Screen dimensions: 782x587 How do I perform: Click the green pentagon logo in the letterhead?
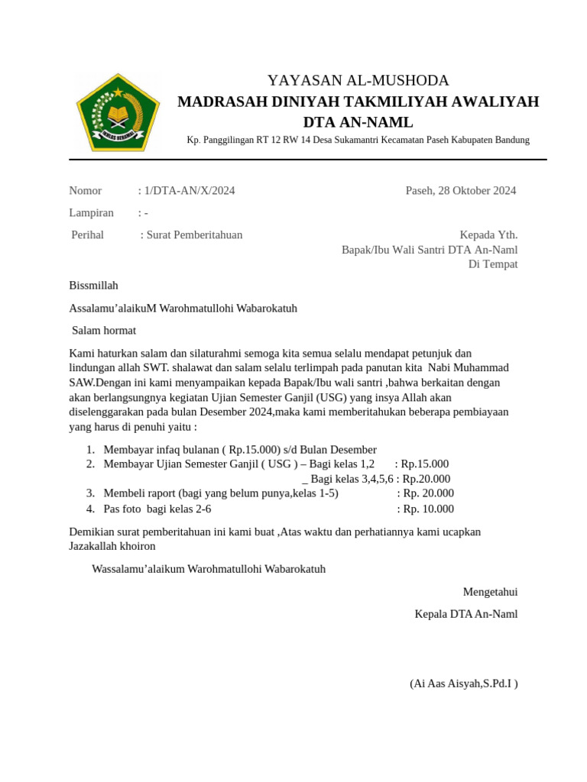click(117, 112)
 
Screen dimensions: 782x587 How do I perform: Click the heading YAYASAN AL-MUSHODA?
click(358, 80)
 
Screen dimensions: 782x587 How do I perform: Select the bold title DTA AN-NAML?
click(358, 122)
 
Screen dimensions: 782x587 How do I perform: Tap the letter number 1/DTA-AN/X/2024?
click(189, 191)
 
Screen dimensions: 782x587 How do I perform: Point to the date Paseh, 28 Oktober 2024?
click(460, 191)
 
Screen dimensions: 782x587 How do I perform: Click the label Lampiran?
click(91, 213)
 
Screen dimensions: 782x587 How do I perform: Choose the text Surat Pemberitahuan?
click(194, 235)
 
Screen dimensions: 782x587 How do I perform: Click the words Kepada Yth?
click(488, 235)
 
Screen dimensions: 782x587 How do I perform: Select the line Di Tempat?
click(492, 264)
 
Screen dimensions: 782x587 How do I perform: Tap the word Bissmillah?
click(93, 286)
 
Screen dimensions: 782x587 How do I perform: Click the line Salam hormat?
click(104, 331)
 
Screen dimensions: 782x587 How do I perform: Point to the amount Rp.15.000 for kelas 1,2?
click(425, 464)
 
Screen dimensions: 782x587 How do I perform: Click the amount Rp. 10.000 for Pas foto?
click(429, 509)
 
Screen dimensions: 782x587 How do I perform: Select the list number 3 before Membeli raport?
click(90, 493)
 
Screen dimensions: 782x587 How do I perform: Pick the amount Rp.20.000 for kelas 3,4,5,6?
click(426, 479)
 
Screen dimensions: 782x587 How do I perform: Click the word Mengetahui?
click(490, 592)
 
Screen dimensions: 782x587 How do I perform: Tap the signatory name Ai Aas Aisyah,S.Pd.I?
click(463, 683)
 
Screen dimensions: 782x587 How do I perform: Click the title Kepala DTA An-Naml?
click(465, 614)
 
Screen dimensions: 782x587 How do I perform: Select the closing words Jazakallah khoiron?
click(112, 547)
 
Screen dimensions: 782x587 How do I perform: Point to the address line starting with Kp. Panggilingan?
click(358, 140)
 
